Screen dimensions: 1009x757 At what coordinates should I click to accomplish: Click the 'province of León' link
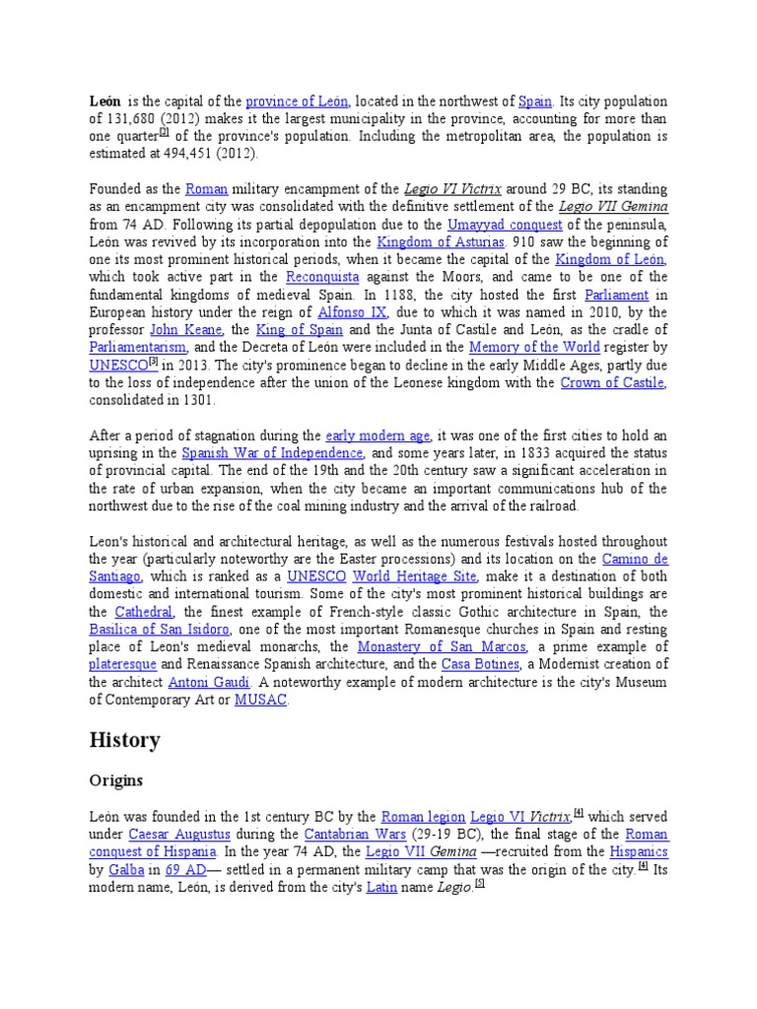297,101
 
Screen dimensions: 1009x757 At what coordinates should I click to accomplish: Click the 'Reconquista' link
322,277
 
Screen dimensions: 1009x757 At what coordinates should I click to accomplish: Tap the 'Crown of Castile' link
612,383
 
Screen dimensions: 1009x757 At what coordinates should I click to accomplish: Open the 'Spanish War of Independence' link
272,453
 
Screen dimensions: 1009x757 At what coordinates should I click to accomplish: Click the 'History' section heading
124,740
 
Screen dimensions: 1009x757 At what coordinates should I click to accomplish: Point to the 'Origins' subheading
116,781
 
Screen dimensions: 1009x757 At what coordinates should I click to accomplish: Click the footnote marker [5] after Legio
480,884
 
